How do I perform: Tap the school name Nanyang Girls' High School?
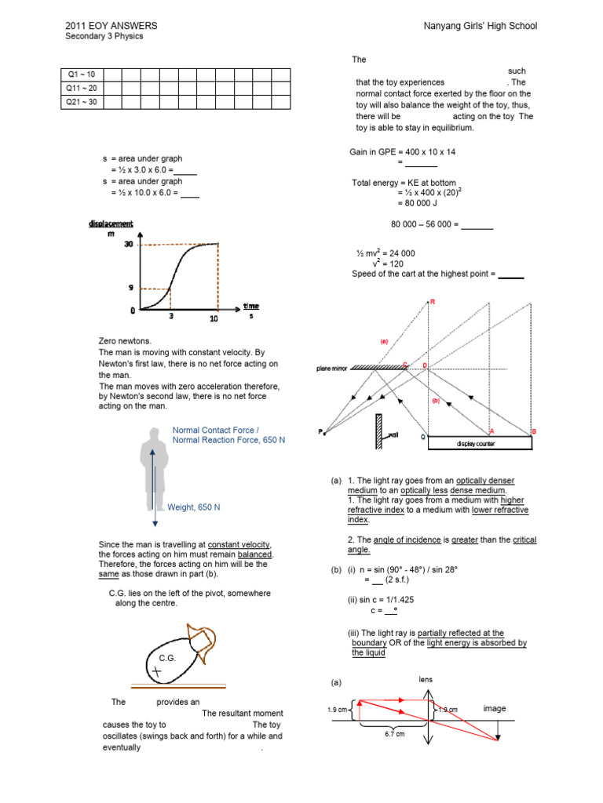point(479,26)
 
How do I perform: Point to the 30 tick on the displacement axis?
point(128,245)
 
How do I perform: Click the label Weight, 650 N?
point(194,507)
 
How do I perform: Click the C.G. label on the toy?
point(166,657)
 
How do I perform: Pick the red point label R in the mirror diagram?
point(432,302)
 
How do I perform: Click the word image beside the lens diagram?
point(495,708)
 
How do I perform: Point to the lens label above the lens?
point(425,679)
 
